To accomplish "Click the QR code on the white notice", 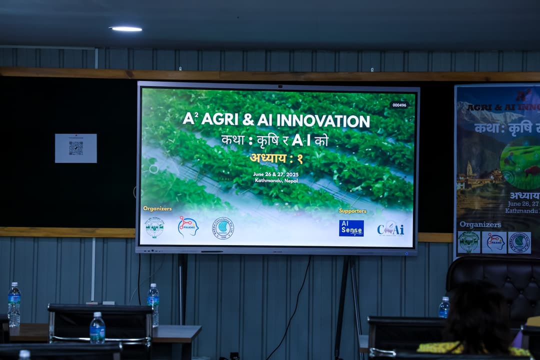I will coord(76,148).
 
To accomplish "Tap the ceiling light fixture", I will coord(125,29).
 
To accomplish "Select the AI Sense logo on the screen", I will coord(351,228).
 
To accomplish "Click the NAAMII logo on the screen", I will coord(188,226).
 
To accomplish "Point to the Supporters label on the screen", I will coord(352,211).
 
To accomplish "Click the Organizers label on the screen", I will coord(157,208).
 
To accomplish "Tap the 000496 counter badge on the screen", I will coord(399,105).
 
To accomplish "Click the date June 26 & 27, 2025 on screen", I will coord(275,174).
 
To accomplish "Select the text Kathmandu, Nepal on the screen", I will coord(276,180).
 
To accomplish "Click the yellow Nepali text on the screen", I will coord(276,158).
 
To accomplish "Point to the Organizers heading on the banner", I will coord(480,224).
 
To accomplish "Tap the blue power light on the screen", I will coord(406,253).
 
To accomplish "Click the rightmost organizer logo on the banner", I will coord(519,242).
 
